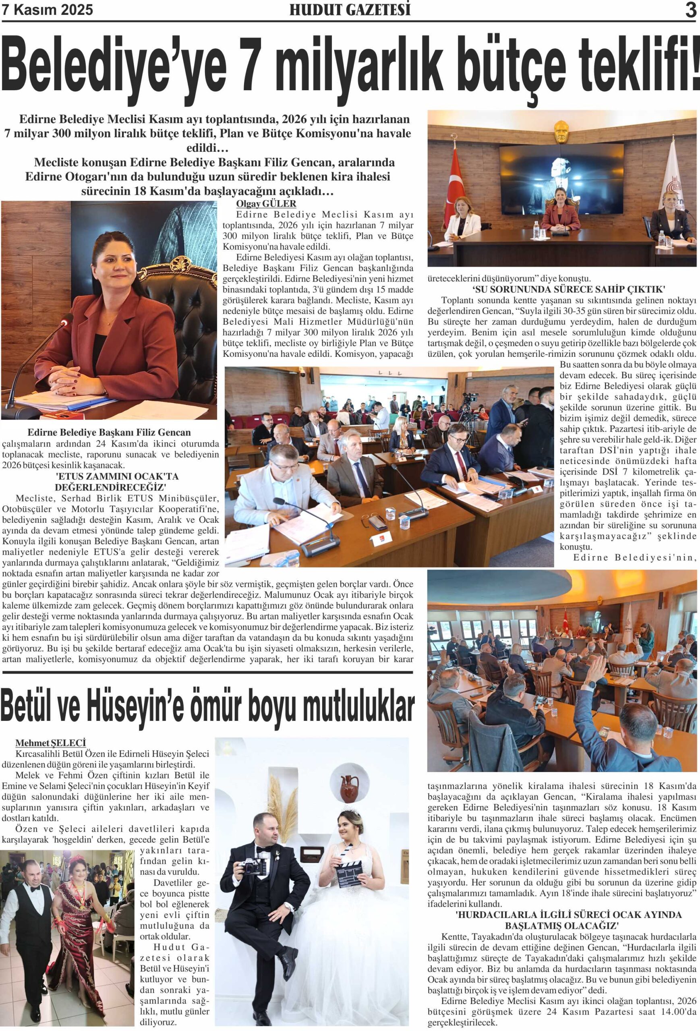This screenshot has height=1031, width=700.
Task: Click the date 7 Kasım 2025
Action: click(48, 10)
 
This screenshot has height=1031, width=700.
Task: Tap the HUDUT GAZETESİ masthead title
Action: click(350, 10)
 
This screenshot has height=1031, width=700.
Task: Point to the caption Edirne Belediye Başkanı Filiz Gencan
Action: click(109, 432)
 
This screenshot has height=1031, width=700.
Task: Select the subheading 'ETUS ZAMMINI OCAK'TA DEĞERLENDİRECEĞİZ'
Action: click(117, 481)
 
